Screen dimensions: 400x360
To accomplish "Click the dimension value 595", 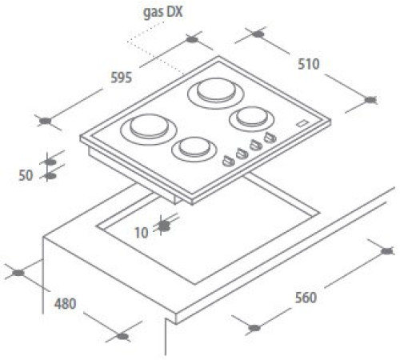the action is point(122,78).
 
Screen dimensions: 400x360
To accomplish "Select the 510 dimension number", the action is point(309,64).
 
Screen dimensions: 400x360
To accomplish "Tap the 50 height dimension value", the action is point(26,175).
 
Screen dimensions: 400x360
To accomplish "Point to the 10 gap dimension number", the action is point(142,233).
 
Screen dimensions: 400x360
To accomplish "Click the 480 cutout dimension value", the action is point(66,304).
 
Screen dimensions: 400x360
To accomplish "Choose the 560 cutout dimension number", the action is point(306,298).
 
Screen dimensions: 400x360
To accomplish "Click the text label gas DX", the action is point(163,13).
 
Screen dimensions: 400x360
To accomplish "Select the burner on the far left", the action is point(149,130).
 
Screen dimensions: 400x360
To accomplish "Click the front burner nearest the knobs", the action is point(194,150).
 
